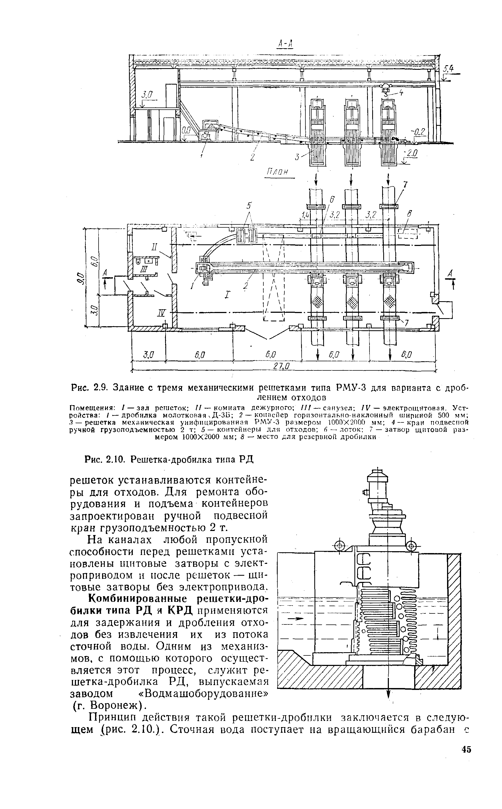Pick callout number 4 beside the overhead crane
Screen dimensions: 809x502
(401, 93)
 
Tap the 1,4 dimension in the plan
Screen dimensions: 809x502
(304, 215)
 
